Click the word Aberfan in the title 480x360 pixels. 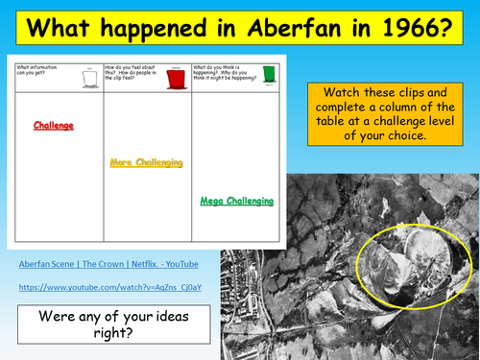click(x=279, y=29)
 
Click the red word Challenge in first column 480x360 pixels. click(x=54, y=126)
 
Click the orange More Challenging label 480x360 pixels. click(x=146, y=163)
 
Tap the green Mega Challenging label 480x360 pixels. click(x=237, y=201)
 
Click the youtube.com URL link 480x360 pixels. click(x=96, y=287)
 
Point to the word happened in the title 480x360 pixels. click(x=152, y=30)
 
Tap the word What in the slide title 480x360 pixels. click(x=64, y=29)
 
